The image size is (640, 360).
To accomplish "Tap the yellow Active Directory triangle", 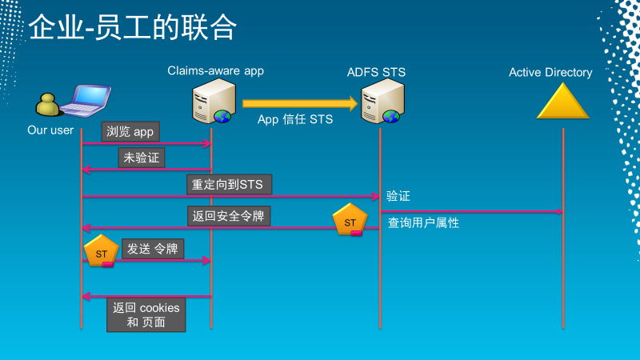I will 563,102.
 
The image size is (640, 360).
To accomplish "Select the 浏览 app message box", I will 130,131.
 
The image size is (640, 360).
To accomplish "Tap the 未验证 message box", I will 142,158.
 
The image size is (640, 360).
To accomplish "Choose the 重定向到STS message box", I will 229,184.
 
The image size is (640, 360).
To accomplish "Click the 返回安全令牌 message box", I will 228,216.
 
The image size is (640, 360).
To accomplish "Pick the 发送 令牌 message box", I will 153,249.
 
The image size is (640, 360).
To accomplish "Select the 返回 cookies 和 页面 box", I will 146,315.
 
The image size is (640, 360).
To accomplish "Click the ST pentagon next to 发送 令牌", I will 101,251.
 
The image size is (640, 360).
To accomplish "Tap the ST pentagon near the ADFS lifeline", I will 350,221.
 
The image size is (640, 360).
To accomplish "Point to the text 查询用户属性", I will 423,223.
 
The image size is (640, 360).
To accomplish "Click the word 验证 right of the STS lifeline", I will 398,196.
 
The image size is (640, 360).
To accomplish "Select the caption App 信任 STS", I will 295,119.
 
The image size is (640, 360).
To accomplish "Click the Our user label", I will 50,130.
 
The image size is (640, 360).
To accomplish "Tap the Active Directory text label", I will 550,73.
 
